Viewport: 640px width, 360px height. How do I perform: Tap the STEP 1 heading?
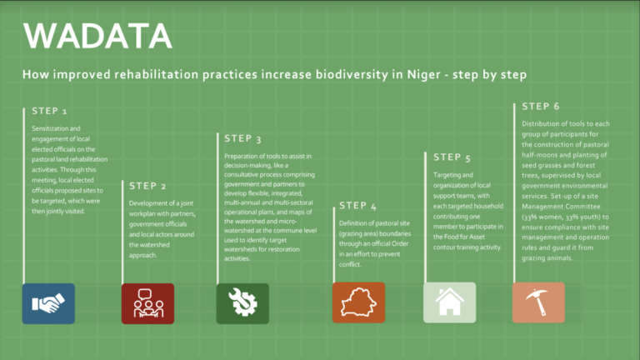pyautogui.click(x=50, y=111)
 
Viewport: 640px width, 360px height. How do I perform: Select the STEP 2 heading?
pyautogui.click(x=147, y=185)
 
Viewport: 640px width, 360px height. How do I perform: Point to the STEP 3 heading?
pyautogui.click(x=242, y=138)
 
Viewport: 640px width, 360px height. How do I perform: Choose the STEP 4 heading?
pyautogui.click(x=357, y=205)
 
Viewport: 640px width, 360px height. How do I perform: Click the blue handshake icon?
pyautogui.click(x=48, y=303)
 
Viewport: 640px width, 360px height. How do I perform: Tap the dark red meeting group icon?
pyautogui.click(x=147, y=303)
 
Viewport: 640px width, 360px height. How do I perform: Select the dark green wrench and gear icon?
pyautogui.click(x=242, y=303)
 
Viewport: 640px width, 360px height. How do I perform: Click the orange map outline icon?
pyautogui.click(x=358, y=303)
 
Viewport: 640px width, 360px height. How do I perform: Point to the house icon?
pyautogui.click(x=449, y=303)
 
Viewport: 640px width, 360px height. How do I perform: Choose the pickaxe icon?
pyautogui.click(x=538, y=303)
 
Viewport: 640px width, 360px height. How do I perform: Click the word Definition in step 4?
pyautogui.click(x=355, y=223)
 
